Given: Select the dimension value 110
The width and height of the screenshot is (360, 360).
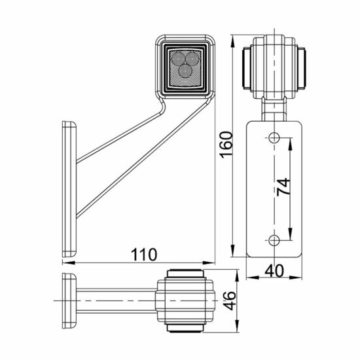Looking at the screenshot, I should click(x=142, y=252).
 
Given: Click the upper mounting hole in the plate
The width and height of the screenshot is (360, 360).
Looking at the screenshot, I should click(x=274, y=138).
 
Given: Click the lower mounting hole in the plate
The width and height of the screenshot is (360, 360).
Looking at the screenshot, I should click(x=274, y=238).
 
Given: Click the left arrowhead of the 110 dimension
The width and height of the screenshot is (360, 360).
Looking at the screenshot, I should click(x=65, y=263).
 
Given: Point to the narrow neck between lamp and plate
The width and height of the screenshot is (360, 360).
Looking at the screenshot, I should click(x=274, y=106).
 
